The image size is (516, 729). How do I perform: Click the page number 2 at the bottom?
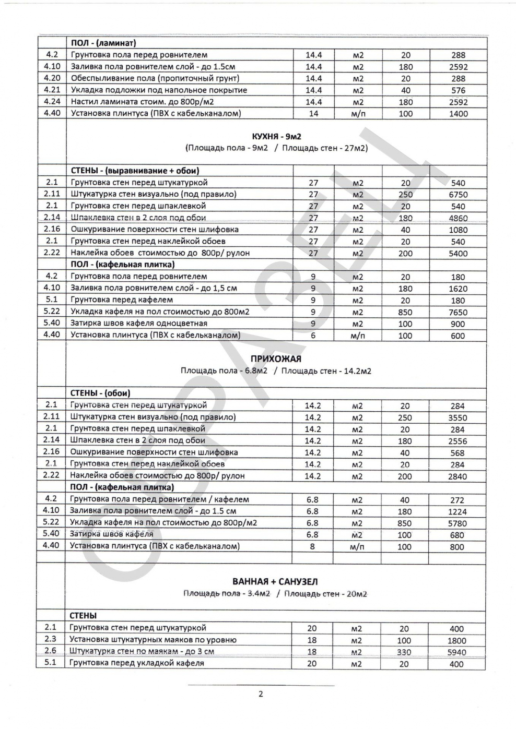(x=261, y=694)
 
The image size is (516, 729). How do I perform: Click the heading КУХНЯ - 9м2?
(x=276, y=137)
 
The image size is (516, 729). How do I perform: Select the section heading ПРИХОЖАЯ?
(x=276, y=359)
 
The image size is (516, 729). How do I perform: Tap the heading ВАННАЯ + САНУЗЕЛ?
(x=275, y=581)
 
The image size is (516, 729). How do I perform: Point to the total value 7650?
(x=458, y=312)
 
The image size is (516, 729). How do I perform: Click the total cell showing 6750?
(x=458, y=195)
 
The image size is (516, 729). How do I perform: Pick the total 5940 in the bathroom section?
(x=457, y=652)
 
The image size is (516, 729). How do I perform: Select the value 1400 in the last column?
(x=458, y=114)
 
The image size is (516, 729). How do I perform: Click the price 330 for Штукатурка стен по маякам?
(x=404, y=652)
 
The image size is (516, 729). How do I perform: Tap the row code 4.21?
(x=52, y=90)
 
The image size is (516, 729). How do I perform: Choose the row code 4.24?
(x=52, y=102)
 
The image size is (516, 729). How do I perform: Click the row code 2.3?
(x=51, y=639)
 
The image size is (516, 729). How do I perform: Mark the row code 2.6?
(x=51, y=651)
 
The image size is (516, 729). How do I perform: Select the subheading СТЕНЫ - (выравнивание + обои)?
(x=135, y=171)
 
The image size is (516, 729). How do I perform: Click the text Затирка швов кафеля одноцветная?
(x=139, y=324)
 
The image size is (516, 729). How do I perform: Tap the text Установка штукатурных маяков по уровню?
(x=153, y=639)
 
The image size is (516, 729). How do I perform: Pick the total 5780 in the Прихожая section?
(x=458, y=523)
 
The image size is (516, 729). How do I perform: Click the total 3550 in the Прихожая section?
(x=458, y=417)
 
